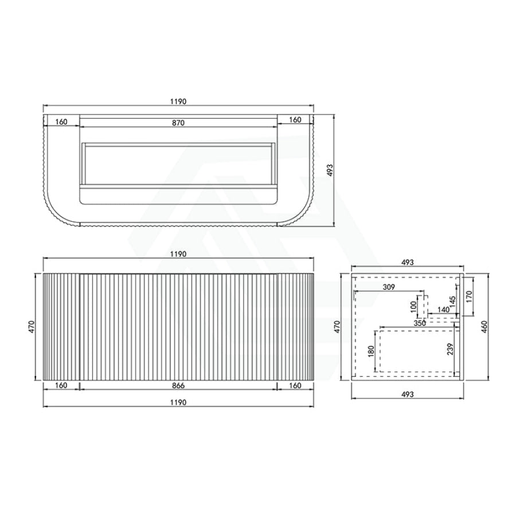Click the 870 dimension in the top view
(x=178, y=123)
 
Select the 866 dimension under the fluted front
(x=178, y=385)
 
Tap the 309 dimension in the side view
(x=389, y=287)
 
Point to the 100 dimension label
(x=413, y=307)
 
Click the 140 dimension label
(x=444, y=310)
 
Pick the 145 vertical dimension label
(x=452, y=302)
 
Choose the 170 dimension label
(x=469, y=296)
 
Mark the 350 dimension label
(x=420, y=323)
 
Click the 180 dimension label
(x=371, y=351)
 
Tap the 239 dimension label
(x=451, y=349)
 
